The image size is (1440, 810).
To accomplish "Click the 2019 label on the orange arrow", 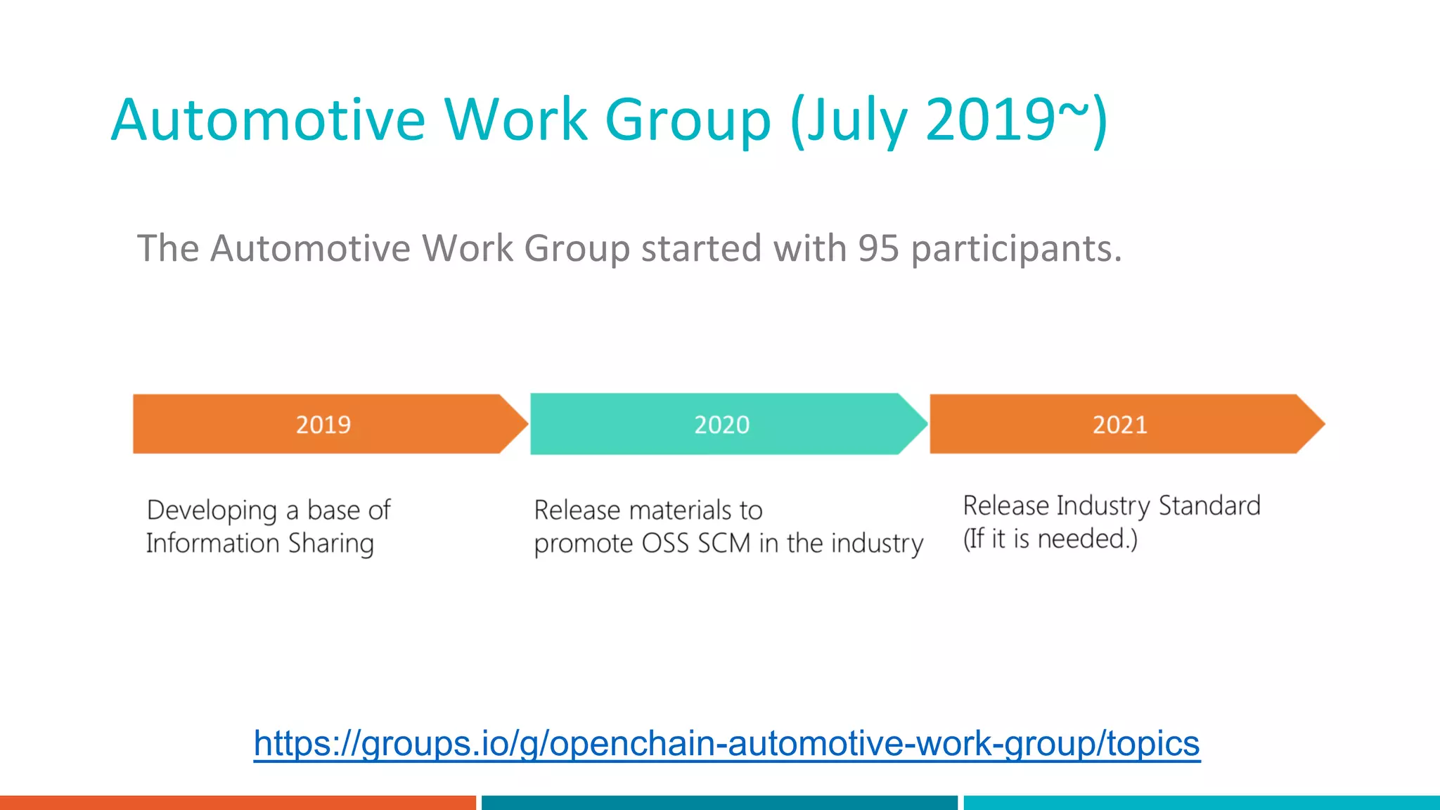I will (323, 425).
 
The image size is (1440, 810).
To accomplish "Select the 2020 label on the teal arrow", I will (721, 425).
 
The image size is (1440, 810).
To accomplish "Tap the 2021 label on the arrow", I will (1119, 425).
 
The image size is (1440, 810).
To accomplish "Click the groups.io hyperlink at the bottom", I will (726, 743).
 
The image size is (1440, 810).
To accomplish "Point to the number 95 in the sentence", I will (878, 248).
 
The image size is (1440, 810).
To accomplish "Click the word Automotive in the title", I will (268, 120).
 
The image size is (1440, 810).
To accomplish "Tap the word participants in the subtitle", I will (1016, 250).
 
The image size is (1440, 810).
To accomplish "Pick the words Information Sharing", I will (259, 544).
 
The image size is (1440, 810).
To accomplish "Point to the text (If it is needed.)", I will (1050, 539).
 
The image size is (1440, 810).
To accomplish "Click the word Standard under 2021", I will (1209, 506).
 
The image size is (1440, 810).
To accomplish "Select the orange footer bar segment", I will (238, 802).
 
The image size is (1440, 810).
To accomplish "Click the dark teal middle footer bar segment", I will (719, 802).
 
